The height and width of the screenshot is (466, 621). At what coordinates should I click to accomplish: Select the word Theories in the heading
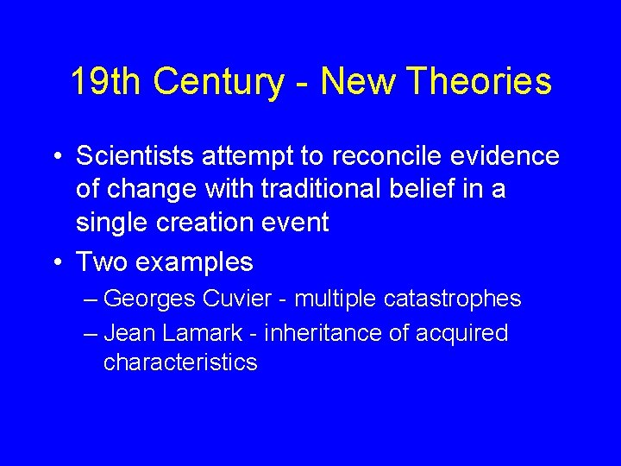[x=480, y=83]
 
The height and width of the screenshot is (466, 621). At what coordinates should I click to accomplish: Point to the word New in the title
[x=358, y=83]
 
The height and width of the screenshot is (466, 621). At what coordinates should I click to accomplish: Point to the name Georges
[x=150, y=299]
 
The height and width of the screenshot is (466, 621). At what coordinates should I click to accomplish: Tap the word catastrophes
[x=451, y=299]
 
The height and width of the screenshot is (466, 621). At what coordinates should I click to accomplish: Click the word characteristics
[x=180, y=362]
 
